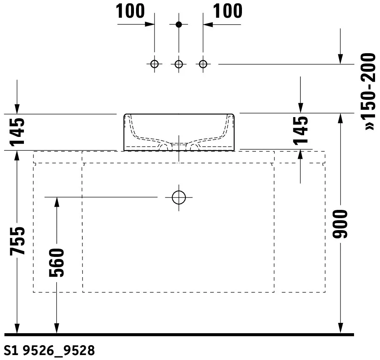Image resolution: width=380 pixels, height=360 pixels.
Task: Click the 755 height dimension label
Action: [17, 241]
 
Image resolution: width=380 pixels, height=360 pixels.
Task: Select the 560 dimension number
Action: [57, 263]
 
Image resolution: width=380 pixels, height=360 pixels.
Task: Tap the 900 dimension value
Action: [340, 224]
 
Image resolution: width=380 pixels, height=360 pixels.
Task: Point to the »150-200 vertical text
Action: [368, 92]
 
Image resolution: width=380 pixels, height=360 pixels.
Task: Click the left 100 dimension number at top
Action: [130, 11]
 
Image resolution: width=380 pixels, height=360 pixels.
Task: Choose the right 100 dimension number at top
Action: [228, 11]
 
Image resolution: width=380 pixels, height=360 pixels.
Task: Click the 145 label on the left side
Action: [17, 132]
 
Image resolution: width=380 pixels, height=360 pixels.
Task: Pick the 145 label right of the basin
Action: [300, 131]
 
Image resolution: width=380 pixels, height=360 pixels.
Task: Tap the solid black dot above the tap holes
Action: [179, 24]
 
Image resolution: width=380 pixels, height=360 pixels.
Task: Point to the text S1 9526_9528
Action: [49, 351]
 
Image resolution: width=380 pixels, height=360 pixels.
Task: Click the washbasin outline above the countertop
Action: [124, 132]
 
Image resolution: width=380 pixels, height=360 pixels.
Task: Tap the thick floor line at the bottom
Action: [179, 335]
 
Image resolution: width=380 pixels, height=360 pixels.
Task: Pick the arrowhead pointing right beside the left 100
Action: [150, 24]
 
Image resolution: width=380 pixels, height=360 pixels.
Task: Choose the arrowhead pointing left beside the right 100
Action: [208, 24]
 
